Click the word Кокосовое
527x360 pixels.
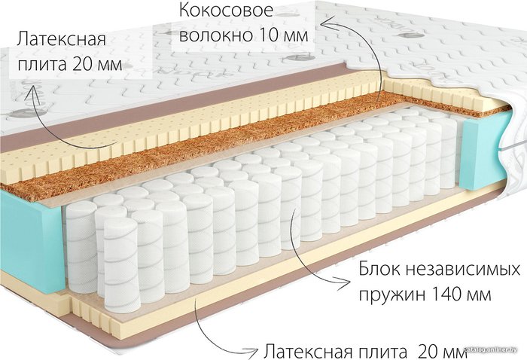[226, 10]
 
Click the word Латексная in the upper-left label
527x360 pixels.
[62, 39]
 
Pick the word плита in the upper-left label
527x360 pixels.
[41, 64]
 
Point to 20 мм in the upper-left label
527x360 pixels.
[97, 64]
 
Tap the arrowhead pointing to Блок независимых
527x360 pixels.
[343, 281]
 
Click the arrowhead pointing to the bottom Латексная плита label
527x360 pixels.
[250, 351]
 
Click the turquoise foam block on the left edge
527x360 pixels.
[31, 239]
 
